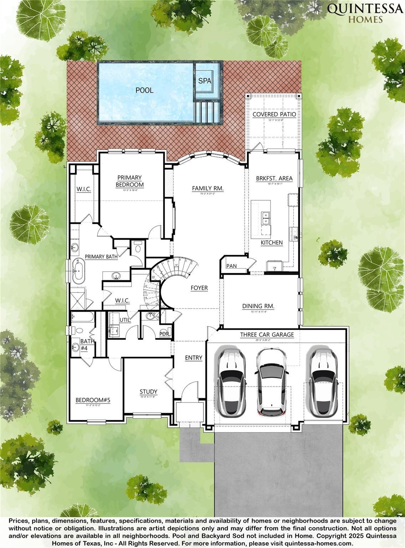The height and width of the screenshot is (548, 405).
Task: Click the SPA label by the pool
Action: [x=205, y=81]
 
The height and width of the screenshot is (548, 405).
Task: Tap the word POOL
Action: [x=144, y=90]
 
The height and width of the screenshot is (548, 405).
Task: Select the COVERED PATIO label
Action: [x=274, y=114]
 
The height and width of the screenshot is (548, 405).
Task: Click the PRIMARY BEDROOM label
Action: [x=129, y=181]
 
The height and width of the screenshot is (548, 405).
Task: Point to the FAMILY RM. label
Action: [x=208, y=188]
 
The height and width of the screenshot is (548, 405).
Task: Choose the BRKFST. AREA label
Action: [x=274, y=178]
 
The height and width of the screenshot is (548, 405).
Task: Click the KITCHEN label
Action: [x=272, y=243]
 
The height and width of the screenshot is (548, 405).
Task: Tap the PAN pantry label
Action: [x=231, y=266]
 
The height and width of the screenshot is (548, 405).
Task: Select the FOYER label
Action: [x=199, y=288]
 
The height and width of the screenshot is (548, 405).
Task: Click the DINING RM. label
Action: [x=258, y=306]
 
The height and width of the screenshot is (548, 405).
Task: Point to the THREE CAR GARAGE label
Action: [x=267, y=335]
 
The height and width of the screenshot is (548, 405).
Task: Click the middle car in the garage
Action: [x=271, y=382]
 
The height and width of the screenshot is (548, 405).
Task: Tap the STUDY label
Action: [x=148, y=392]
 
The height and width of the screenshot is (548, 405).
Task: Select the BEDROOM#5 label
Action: [x=93, y=400]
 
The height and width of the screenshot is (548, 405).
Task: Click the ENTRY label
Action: [x=194, y=358]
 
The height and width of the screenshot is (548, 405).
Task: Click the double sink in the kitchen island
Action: [x=266, y=218]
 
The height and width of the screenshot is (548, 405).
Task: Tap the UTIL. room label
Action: [x=125, y=320]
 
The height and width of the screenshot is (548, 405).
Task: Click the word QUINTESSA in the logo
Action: [x=365, y=9]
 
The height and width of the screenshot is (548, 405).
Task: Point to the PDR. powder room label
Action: [x=164, y=334]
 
